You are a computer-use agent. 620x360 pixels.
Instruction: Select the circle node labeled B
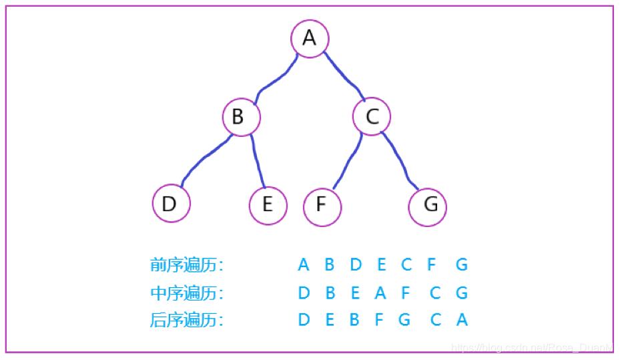click(241, 118)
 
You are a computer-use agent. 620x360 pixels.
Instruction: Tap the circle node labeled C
click(372, 118)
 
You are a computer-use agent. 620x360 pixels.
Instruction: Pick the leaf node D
click(171, 203)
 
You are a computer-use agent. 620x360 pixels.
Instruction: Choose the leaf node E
click(268, 205)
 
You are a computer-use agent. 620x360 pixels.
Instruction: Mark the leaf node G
click(427, 206)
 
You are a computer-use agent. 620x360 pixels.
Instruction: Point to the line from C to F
click(347, 162)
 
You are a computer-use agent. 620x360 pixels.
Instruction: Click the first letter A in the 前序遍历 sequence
click(304, 265)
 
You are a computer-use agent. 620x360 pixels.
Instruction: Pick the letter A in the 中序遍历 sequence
click(380, 293)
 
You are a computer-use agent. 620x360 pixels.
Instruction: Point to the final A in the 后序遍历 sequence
click(462, 321)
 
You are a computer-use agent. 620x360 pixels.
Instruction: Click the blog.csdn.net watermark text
click(531, 348)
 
